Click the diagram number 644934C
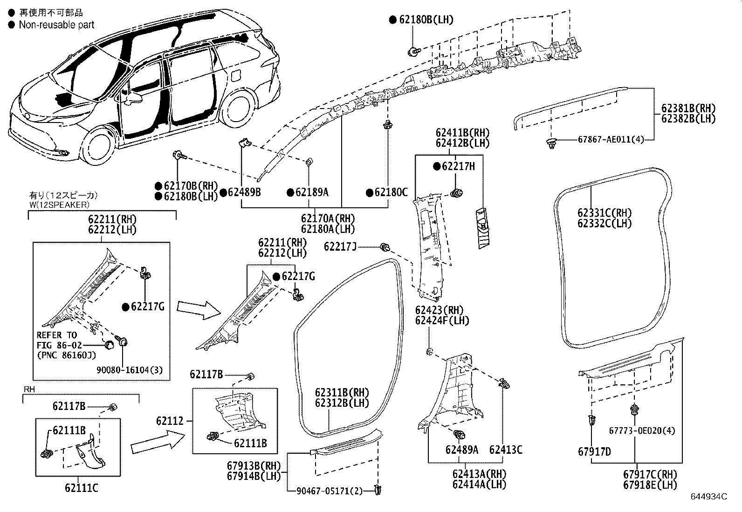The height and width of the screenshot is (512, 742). [709, 497]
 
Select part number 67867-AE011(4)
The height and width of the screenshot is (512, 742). [611, 139]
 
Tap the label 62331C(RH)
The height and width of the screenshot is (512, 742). [605, 213]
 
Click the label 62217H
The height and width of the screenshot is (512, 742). [459, 166]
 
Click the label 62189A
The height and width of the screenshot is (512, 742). [312, 192]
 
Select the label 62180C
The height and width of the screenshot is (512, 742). [391, 192]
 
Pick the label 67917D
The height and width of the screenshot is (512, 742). [594, 451]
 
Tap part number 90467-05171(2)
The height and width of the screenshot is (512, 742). [329, 491]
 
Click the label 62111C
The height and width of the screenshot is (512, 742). [82, 488]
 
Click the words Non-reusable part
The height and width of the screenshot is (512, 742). [56, 25]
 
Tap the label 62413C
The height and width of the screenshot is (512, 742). [506, 450]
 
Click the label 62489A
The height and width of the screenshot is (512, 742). [462, 450]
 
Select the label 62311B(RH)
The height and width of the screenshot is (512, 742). [342, 393]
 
